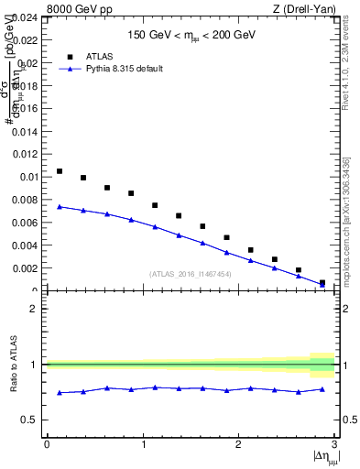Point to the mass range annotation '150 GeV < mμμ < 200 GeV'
point(191,37)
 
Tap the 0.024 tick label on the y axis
point(25,17)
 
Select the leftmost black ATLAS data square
point(60,171)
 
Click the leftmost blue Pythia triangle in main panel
point(60,207)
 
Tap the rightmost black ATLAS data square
point(322,283)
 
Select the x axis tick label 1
point(142,444)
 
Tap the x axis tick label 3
point(334,444)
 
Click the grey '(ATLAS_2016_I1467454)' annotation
point(191,273)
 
